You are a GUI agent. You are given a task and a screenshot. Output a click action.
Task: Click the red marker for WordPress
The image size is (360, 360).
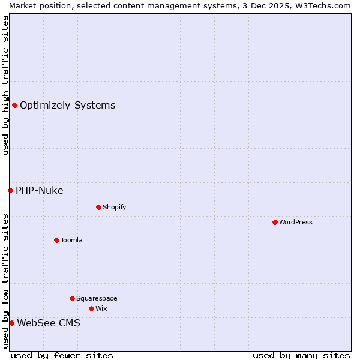pyautogui.click(x=275, y=222)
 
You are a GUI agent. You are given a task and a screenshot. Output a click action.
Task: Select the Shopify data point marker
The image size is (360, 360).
pyautogui.click(x=98, y=207)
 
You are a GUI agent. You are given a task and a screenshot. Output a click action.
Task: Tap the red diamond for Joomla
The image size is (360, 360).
pyautogui.click(x=56, y=240)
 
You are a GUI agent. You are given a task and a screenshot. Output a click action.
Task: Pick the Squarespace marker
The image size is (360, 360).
pyautogui.click(x=72, y=298)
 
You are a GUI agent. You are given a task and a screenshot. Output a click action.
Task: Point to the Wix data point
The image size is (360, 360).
pyautogui.click(x=91, y=308)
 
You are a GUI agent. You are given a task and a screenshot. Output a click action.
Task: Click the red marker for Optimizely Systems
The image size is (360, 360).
pyautogui.click(x=14, y=106)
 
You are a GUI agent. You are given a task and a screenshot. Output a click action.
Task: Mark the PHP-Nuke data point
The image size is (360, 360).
pyautogui.click(x=10, y=190)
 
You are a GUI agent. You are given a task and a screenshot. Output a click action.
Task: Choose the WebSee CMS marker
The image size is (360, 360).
pyautogui.click(x=11, y=323)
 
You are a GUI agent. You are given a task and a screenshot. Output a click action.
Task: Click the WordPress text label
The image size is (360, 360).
pyautogui.click(x=296, y=222)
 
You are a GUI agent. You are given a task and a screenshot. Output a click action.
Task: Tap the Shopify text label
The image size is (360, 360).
pyautogui.click(x=115, y=207)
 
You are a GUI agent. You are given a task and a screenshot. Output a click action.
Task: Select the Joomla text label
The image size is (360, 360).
pyautogui.click(x=71, y=240)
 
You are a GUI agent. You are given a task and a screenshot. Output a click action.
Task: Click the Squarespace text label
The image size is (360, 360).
pyautogui.click(x=97, y=298)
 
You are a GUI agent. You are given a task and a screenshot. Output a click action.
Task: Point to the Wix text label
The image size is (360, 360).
pyautogui.click(x=101, y=308)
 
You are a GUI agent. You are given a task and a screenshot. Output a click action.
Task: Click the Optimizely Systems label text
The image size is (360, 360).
pyautogui.click(x=68, y=106)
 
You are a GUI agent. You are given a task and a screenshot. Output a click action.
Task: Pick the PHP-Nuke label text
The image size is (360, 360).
pyautogui.click(x=40, y=191)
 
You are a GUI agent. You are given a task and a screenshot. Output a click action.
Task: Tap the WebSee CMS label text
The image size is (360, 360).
pyautogui.click(x=49, y=323)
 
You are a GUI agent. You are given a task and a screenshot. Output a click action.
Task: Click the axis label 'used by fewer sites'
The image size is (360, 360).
pyautogui.click(x=62, y=355)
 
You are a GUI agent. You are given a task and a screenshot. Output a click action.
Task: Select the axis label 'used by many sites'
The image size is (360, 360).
pyautogui.click(x=301, y=355)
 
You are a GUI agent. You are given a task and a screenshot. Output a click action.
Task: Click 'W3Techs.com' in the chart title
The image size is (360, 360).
pyautogui.click(x=326, y=5)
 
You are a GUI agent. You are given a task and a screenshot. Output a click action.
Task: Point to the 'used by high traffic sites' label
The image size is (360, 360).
pyautogui.click(x=5, y=85)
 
